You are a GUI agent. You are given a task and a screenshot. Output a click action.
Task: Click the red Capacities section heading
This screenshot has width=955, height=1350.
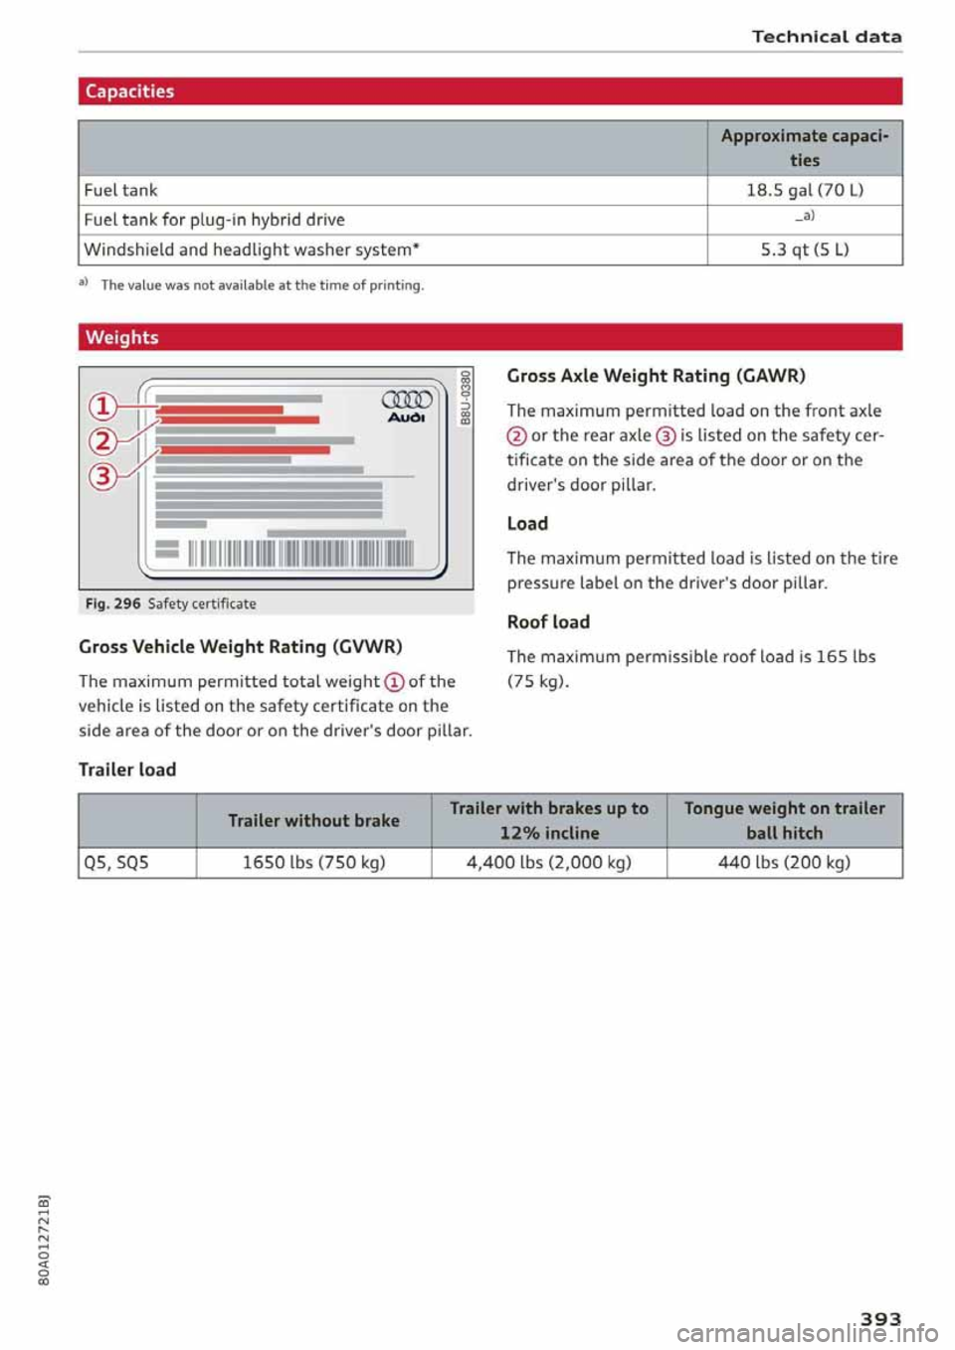click(129, 91)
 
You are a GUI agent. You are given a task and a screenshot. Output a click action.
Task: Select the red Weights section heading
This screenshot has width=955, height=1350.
click(121, 337)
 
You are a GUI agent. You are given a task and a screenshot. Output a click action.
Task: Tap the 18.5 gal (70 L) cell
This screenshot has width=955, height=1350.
click(804, 190)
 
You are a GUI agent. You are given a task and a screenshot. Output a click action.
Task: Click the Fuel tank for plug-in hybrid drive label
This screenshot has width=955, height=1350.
click(214, 220)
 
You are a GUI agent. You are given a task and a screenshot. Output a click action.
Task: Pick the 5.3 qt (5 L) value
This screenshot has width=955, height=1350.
click(804, 250)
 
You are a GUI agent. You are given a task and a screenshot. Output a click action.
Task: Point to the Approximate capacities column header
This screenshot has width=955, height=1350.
click(804, 147)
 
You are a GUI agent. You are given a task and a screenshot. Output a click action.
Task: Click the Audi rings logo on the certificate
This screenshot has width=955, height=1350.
click(407, 400)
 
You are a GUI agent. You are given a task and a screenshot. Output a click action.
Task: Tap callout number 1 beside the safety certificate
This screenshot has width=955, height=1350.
click(102, 406)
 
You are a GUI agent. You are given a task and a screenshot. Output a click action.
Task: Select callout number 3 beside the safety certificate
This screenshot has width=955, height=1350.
click(102, 476)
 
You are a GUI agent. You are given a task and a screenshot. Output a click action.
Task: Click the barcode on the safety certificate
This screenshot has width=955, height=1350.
click(298, 553)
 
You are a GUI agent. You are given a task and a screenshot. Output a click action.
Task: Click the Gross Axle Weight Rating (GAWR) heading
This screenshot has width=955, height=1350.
click(656, 376)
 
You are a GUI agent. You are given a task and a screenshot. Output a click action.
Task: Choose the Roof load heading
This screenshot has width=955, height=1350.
click(548, 622)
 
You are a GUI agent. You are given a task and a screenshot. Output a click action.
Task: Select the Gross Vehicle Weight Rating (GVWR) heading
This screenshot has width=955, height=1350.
click(240, 646)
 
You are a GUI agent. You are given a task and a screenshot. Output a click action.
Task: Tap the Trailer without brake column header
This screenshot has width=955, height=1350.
click(313, 820)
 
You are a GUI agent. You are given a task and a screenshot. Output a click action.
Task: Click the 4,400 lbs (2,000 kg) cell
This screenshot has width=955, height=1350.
click(548, 862)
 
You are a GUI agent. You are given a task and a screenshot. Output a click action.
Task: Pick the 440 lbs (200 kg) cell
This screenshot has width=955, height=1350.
click(784, 862)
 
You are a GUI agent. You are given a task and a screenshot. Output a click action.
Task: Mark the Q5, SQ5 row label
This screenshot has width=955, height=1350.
click(116, 862)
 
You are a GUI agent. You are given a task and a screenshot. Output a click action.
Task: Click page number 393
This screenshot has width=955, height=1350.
click(880, 1318)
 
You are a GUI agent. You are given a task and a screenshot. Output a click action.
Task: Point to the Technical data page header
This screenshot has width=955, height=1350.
click(826, 37)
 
